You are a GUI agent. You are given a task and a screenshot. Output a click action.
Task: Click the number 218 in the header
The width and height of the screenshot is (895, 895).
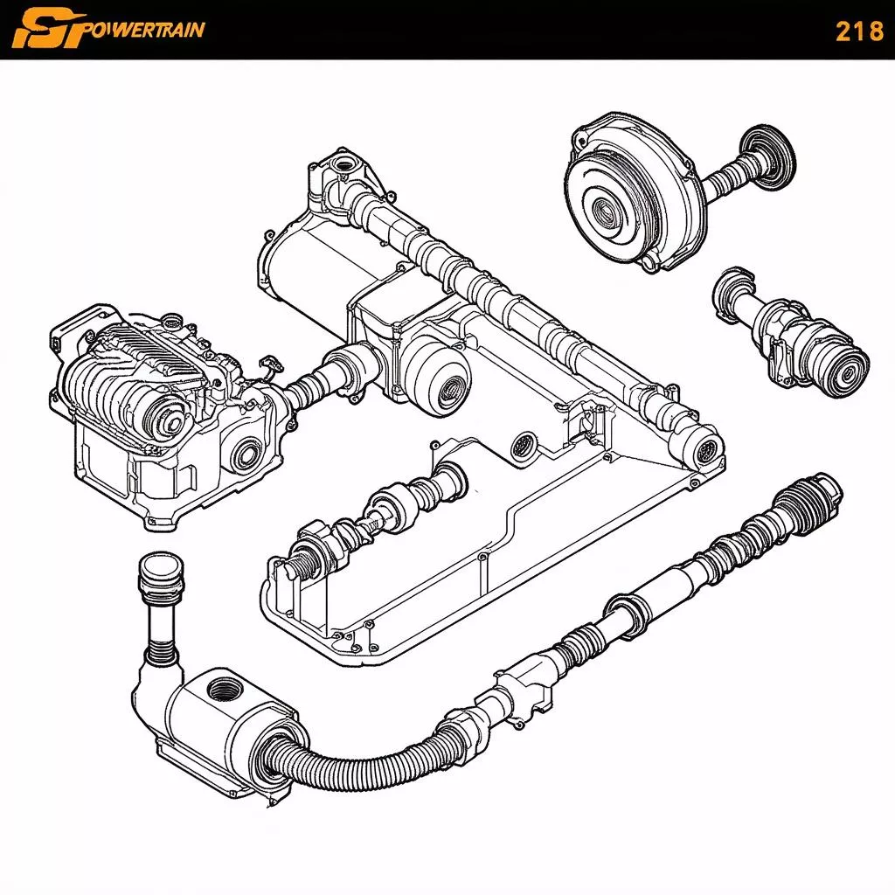pos(859,31)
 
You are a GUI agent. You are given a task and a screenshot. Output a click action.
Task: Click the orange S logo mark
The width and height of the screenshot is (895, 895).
pos(48,29)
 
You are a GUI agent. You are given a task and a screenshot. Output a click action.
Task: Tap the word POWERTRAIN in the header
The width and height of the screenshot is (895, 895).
pos(146,29)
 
